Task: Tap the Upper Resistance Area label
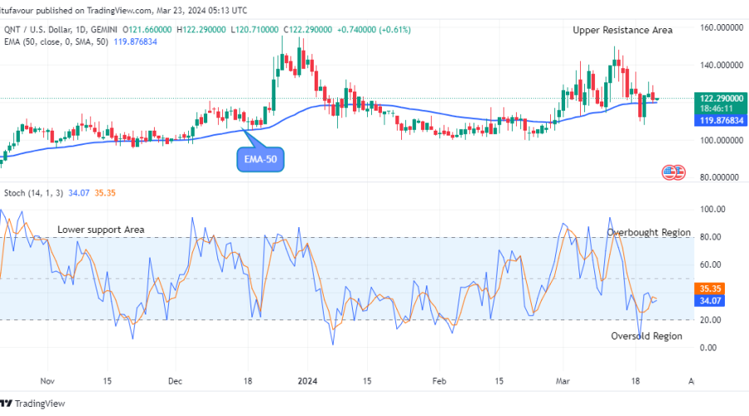tap(623, 30)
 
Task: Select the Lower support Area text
tap(101, 230)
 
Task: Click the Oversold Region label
tap(647, 336)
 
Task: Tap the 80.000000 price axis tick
tap(717, 177)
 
